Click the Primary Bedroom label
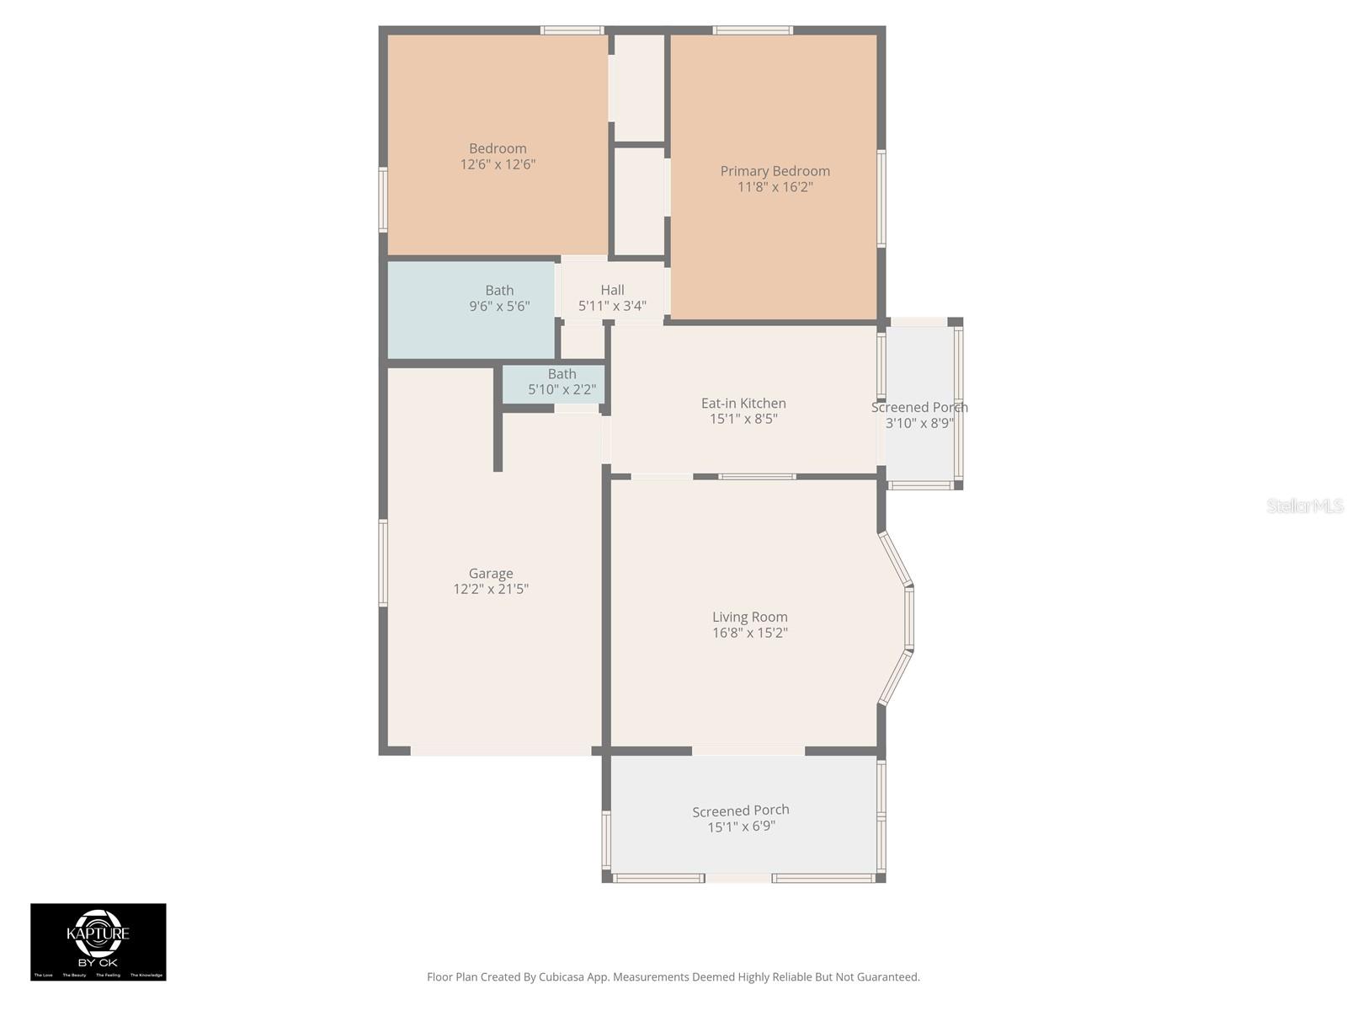[x=775, y=171]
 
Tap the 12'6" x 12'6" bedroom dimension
[x=498, y=164]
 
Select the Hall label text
[x=612, y=290]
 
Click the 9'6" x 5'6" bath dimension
[x=499, y=306]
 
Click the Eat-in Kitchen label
[x=743, y=404]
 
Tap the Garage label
[x=491, y=574]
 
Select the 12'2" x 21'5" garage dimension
[x=491, y=589]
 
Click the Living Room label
[x=749, y=618]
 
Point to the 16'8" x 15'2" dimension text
[x=749, y=633]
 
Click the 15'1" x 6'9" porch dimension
[x=741, y=826]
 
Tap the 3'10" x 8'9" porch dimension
[x=919, y=423]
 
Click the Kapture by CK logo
[x=98, y=941]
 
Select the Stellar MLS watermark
[x=1304, y=505]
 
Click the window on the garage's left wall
[x=383, y=563]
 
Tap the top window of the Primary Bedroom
[x=752, y=31]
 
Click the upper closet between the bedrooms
[x=638, y=88]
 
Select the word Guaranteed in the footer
[x=886, y=977]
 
